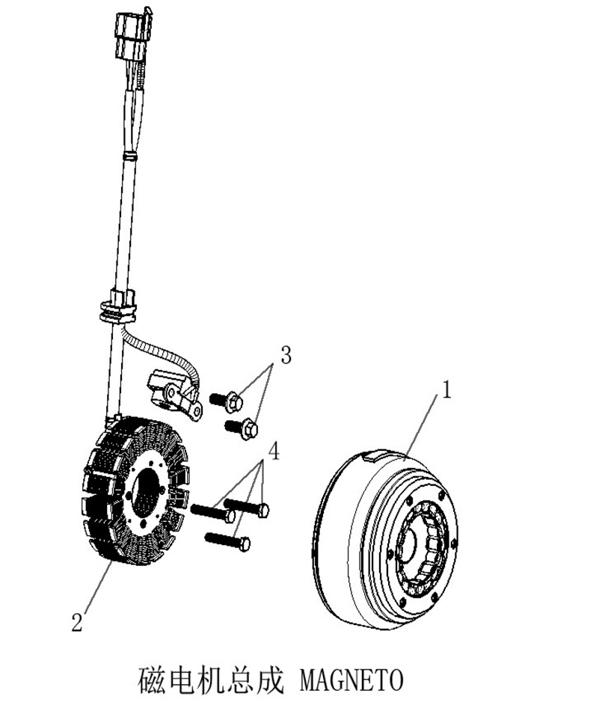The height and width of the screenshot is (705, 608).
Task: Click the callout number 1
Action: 446,390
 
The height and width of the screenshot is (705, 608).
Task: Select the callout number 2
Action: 77,622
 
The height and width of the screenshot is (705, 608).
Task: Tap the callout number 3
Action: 286,355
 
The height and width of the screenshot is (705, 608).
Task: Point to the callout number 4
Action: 274,451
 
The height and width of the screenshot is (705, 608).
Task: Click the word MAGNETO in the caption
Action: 351,680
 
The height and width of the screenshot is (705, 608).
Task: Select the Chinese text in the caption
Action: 211,680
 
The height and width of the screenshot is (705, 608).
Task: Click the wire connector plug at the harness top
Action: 132,35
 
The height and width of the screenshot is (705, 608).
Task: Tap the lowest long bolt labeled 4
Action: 227,541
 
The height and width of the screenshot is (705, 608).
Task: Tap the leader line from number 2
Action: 97,586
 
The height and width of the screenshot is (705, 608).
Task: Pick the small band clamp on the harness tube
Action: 129,156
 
